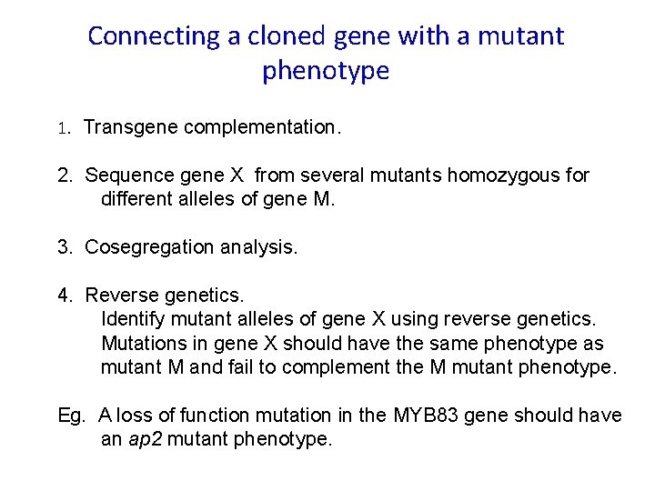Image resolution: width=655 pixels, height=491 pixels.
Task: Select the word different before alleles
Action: tap(136, 198)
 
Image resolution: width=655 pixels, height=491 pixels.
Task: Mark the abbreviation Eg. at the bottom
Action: tap(69, 416)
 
